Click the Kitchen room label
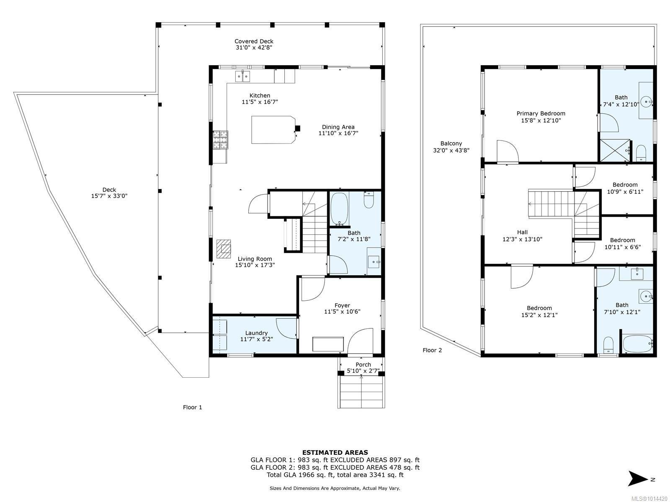260,95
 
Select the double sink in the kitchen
242,76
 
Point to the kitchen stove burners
220,140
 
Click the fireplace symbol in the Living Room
224,249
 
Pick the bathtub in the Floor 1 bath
340,208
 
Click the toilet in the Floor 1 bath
369,200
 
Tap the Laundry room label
256,333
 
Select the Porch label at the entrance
363,364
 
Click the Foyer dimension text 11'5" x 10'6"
342,312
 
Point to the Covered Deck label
254,41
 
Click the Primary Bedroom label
541,114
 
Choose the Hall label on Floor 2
522,232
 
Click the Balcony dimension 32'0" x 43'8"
451,150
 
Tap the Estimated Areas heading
335,453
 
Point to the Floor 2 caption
432,350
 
